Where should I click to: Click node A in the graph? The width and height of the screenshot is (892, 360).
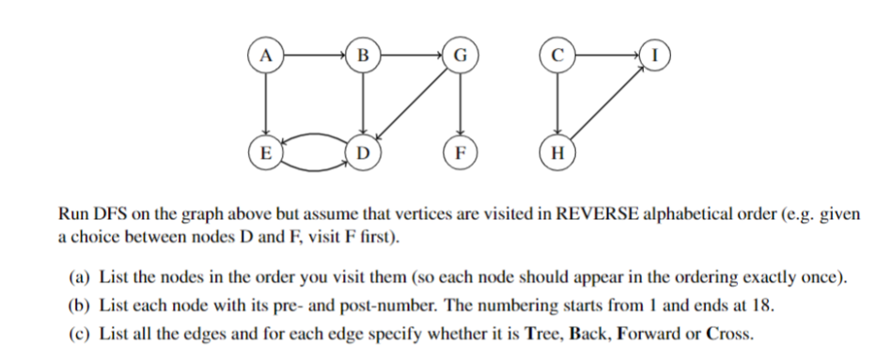coord(267,55)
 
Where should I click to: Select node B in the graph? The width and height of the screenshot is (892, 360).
coord(363,55)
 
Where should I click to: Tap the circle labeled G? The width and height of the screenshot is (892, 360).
coord(460,55)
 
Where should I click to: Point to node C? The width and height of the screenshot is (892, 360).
coord(557,55)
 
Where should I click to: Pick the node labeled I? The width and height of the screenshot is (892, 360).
coord(654,55)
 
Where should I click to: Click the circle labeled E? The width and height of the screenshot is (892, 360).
coord(267,151)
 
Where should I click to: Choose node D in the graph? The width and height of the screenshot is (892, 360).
coord(363,151)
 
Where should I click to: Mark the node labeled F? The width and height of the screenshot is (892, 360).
coord(460,151)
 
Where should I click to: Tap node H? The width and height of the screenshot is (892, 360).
coord(557,151)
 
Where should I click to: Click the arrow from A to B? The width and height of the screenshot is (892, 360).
coord(315,55)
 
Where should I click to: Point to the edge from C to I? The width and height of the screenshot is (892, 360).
coord(605,55)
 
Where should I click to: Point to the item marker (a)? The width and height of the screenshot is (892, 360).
coord(80,279)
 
